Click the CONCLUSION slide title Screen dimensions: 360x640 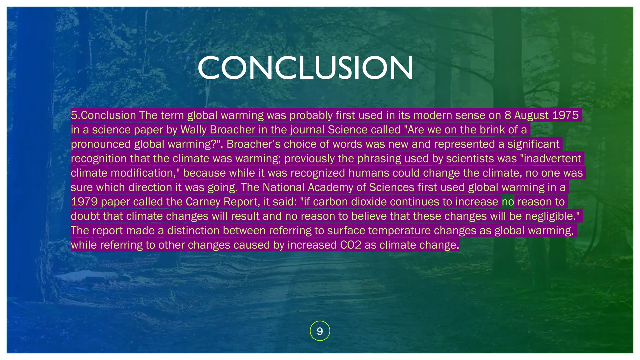(306, 68)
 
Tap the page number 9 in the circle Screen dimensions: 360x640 (320, 331)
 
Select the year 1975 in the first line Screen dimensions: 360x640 (565, 115)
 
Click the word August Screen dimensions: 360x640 (531, 115)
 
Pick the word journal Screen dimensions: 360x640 (307, 130)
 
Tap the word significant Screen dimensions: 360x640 (533, 144)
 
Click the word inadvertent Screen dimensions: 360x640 (552, 158)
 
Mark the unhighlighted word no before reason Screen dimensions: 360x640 (508, 202)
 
